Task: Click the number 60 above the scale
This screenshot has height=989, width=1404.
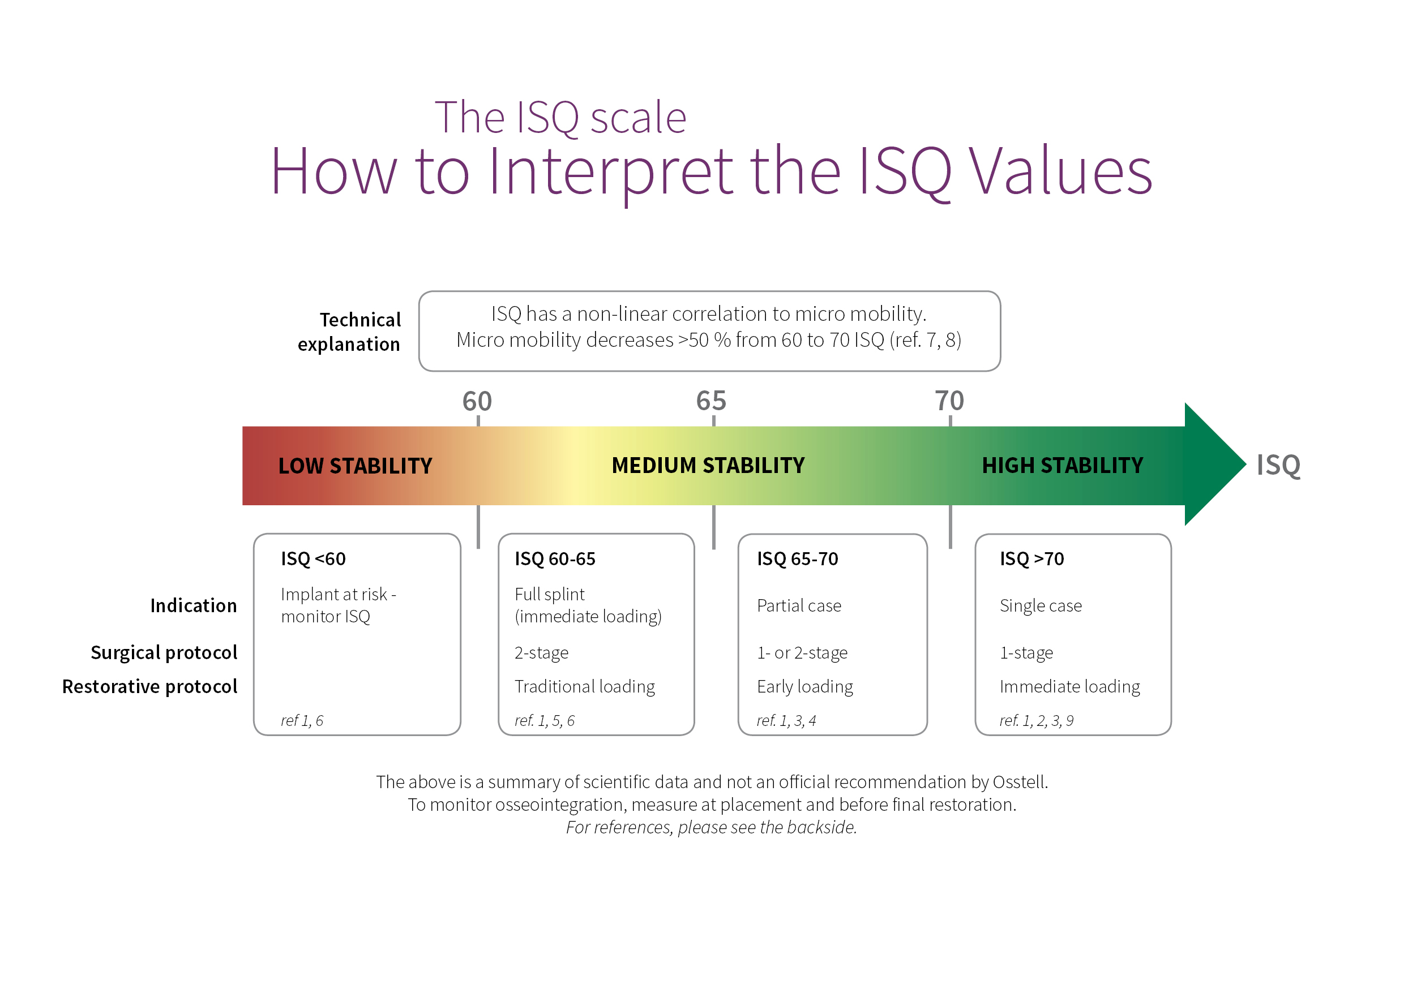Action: click(477, 401)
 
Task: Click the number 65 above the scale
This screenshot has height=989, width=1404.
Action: click(711, 401)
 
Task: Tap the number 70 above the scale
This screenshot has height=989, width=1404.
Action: click(949, 401)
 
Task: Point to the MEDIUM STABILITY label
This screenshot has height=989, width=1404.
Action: click(708, 465)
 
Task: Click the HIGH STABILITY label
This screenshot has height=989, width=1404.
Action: click(1062, 465)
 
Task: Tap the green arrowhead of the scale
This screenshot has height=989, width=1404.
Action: click(1214, 464)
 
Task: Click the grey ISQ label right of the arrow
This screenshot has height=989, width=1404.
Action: click(1279, 465)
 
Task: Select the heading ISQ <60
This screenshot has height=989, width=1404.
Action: click(313, 558)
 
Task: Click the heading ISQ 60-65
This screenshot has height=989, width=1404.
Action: click(555, 558)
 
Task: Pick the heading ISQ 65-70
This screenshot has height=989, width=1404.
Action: click(798, 558)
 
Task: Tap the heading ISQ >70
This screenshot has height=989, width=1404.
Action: click(1031, 558)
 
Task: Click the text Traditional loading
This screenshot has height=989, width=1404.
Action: click(585, 686)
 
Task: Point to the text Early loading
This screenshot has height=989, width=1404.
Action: click(804, 686)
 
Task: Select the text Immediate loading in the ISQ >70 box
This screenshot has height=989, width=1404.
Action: click(1069, 686)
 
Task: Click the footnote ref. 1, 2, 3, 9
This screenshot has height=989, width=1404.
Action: click(1037, 721)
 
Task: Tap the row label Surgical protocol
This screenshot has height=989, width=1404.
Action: click(164, 653)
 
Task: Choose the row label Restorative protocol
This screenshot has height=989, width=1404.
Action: click(150, 686)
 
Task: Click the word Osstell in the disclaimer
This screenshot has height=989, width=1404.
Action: click(1020, 782)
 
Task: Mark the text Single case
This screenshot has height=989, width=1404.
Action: click(1041, 606)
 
